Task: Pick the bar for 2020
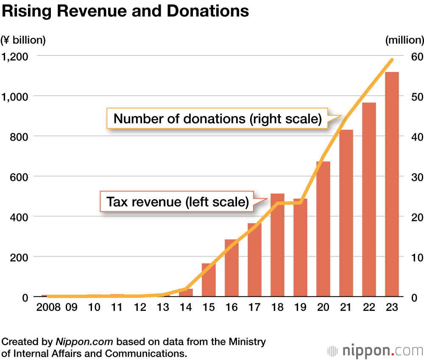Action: coord(323,229)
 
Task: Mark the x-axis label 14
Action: coord(186,307)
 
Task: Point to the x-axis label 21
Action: coord(346,307)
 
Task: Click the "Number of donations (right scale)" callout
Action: coord(217,118)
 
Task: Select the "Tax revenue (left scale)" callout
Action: coord(177,202)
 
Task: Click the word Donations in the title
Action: coord(208,11)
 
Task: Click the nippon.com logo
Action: coord(375,351)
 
